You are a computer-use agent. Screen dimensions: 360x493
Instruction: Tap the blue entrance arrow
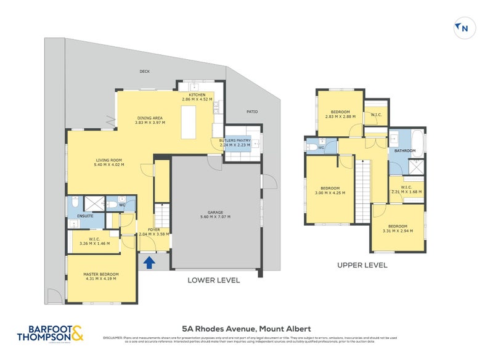point(149,263)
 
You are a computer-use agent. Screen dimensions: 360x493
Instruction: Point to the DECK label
point(145,72)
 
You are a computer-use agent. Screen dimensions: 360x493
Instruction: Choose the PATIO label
point(252,112)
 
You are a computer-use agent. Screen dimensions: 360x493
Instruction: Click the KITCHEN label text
point(197,94)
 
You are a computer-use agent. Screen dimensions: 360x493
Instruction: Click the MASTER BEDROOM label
point(101,274)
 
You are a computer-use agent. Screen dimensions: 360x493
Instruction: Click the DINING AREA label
point(150,118)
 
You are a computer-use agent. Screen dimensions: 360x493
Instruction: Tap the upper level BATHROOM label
point(405,150)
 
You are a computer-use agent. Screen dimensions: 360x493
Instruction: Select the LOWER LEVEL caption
point(213,280)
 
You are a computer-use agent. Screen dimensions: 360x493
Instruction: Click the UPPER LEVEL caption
point(362,265)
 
